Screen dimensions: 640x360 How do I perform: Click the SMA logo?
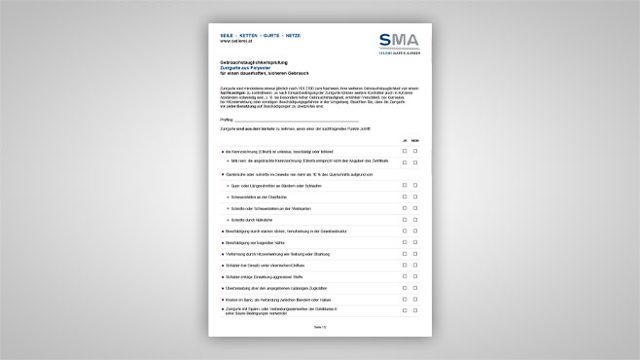point(398,42)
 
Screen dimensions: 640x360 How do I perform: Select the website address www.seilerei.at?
point(237,41)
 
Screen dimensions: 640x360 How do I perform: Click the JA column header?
point(405,140)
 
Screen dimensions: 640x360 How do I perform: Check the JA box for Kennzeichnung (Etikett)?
point(405,152)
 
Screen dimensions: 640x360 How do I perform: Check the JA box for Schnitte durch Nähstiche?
point(405,220)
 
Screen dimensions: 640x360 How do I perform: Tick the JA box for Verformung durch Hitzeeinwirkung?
point(405,254)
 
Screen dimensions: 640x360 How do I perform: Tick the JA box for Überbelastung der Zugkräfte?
point(405,288)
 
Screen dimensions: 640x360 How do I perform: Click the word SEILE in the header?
point(228,35)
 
